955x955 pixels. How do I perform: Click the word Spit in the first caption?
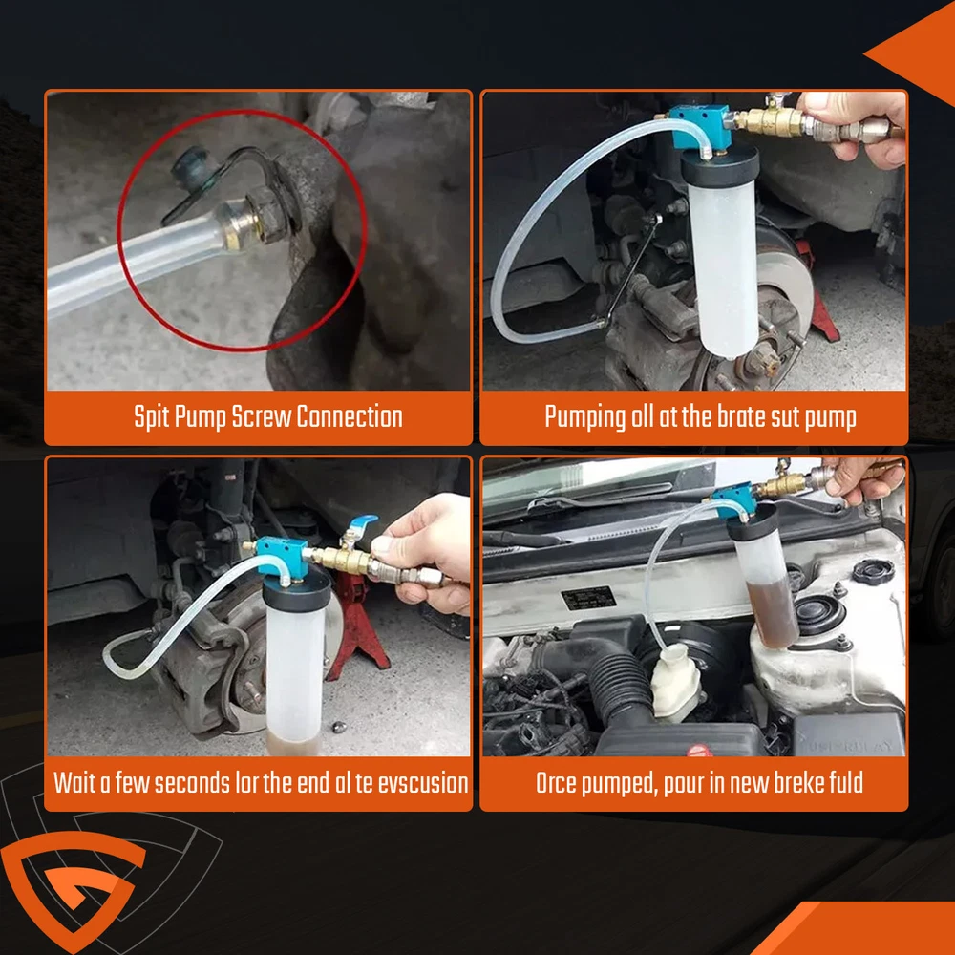152,418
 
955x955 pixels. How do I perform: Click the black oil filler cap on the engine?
874,571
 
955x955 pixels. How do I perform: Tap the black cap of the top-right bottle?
720,164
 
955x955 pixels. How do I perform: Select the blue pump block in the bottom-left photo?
282,557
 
